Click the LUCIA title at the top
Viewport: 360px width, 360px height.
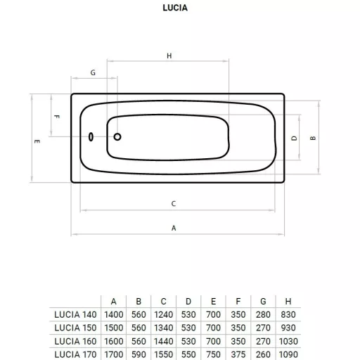click(175, 8)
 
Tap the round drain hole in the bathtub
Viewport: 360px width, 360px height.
click(117, 136)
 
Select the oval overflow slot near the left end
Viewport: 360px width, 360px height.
click(91, 136)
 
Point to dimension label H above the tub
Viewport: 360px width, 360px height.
click(169, 56)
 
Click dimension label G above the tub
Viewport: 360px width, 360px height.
click(93, 72)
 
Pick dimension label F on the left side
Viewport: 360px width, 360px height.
click(56, 117)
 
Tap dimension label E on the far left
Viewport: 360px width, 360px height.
click(37, 141)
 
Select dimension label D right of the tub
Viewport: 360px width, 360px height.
click(294, 139)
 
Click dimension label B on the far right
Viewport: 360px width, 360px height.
click(313, 139)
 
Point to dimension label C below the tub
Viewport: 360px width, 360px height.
click(174, 203)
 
